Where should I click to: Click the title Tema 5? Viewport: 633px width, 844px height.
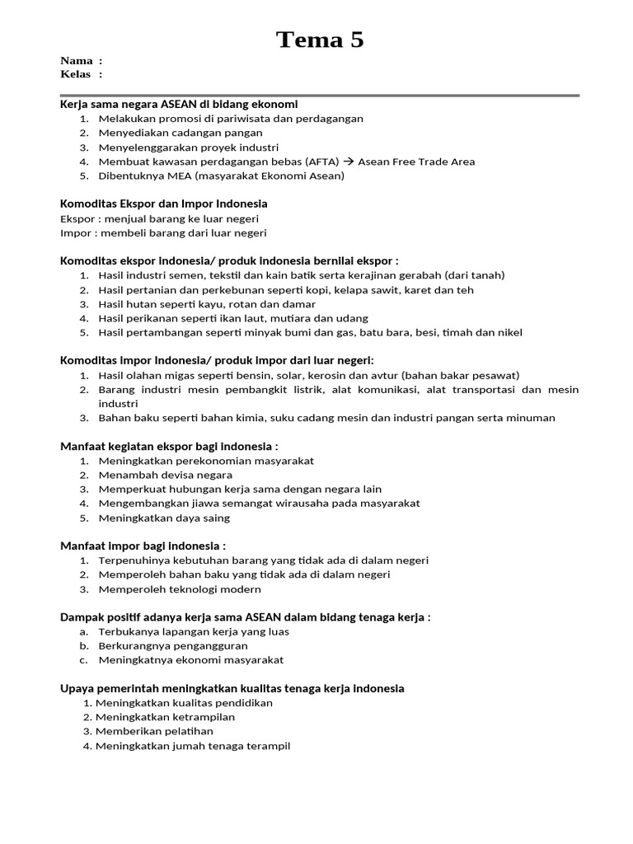[320, 39]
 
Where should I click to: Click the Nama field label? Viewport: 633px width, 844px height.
[77, 61]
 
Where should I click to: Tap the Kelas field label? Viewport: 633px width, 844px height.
[77, 74]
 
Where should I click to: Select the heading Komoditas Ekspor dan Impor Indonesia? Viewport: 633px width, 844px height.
[164, 204]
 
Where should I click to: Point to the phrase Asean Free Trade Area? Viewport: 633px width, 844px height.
[416, 162]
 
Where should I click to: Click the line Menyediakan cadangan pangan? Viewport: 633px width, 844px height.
[181, 133]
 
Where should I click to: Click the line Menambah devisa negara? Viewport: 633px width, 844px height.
[165, 475]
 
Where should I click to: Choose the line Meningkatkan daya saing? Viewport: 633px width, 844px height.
[164, 518]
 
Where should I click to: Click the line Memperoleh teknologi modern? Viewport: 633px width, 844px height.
[180, 589]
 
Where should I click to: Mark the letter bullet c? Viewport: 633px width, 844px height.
[83, 660]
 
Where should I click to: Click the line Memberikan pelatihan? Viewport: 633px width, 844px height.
[154, 731]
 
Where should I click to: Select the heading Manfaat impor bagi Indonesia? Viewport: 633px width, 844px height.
[143, 546]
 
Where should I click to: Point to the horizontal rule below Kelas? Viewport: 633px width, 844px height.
[320, 96]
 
